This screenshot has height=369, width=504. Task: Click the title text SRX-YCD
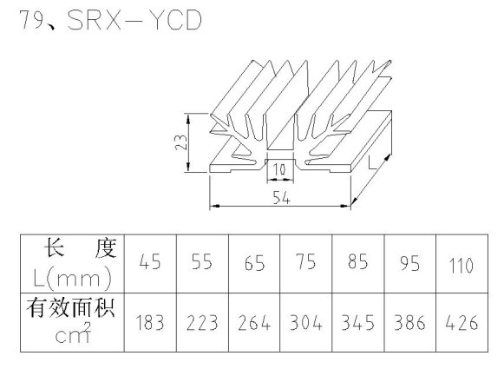pos(134,20)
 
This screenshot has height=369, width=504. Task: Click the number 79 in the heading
pos(32,20)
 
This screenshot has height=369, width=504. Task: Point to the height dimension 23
pos(181,142)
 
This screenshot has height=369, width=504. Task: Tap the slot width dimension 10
pos(278,169)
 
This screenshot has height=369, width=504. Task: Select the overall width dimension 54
pos(281,197)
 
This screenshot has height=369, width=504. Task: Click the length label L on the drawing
pos(372,163)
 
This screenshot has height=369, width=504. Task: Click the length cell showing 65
pos(254,263)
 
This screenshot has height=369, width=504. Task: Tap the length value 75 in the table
pos(305,261)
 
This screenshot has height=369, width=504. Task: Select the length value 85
pos(357,261)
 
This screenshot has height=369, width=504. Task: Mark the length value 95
pos(409,263)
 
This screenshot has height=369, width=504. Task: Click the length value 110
pos(461,266)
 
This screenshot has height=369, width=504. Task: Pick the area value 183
pos(150,323)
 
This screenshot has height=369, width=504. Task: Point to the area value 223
pos(202,323)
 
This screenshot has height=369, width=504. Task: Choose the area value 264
pos(254,323)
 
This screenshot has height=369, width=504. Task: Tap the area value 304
pos(305,323)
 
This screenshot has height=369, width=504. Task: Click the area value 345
pos(357,323)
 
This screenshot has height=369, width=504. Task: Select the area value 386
pos(409,323)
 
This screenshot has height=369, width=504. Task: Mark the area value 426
pos(461,323)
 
